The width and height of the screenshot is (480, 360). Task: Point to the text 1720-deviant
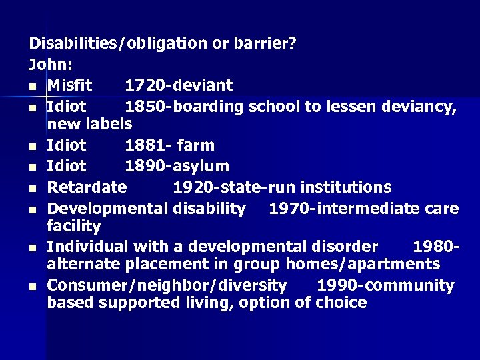tap(179, 85)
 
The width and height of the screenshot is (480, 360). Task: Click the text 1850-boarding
tap(184, 106)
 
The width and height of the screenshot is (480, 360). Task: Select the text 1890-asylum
tap(177, 166)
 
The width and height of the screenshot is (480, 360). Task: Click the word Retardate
tap(87, 187)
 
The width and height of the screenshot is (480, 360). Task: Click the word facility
tap(73, 226)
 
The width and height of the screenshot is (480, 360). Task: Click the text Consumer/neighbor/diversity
tap(167, 285)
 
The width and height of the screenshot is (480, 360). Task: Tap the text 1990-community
tap(385, 285)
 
